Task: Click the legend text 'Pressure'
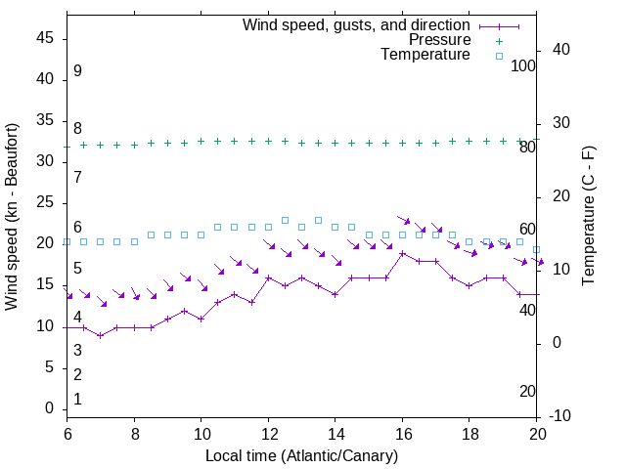pyautogui.click(x=440, y=40)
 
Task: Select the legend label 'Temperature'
pyautogui.click(x=425, y=55)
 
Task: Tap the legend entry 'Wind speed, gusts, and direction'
pyautogui.click(x=357, y=24)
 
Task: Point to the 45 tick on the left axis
pyautogui.click(x=49, y=38)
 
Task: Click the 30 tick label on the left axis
pyautogui.click(x=49, y=161)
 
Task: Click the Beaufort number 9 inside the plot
pyautogui.click(x=77, y=71)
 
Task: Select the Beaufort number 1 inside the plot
pyautogui.click(x=77, y=400)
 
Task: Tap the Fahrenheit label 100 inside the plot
pyautogui.click(x=523, y=65)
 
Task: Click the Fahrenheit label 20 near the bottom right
pyautogui.click(x=527, y=392)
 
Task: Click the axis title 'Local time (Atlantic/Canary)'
pyautogui.click(x=302, y=455)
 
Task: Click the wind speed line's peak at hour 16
pyautogui.click(x=402, y=253)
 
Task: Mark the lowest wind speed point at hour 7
pyautogui.click(x=101, y=335)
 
